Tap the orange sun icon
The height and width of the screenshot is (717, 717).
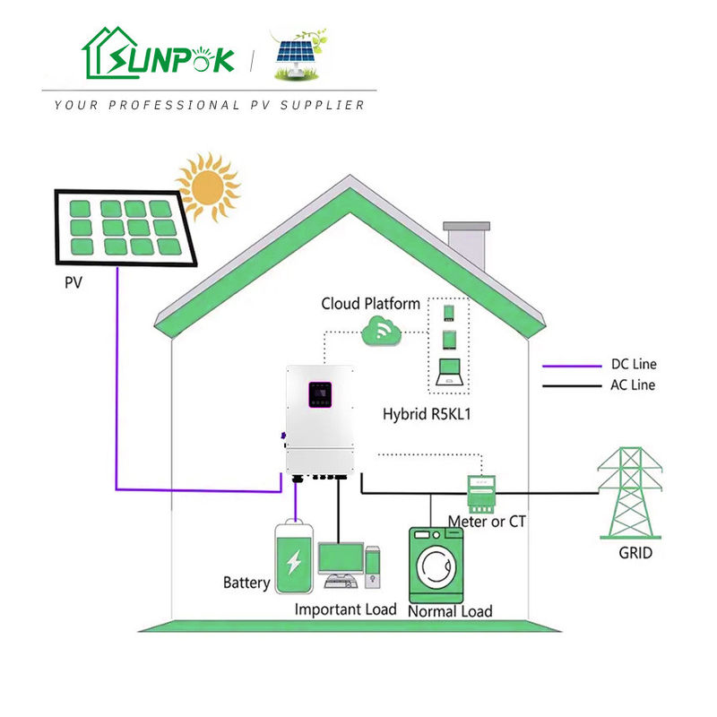(208, 186)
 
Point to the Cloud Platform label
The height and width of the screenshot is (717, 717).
(370, 304)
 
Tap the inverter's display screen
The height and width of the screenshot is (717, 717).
(319, 394)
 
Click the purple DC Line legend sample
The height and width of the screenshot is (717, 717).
(574, 366)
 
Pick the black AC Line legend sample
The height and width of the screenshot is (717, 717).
(574, 386)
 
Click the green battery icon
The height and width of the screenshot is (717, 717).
(294, 558)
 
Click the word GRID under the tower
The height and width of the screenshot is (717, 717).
(635, 553)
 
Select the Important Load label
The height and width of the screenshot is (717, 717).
(345, 609)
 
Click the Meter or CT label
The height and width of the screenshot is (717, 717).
(487, 521)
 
